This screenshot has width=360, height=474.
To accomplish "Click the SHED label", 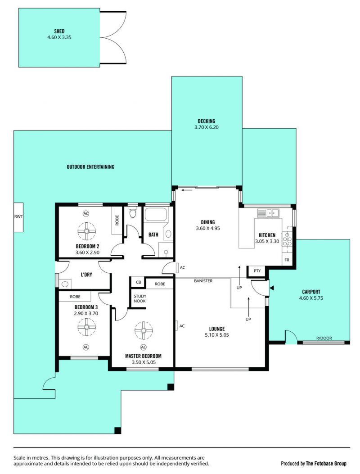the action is (x=59, y=31).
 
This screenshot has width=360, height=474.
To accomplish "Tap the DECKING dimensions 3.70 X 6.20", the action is (x=207, y=127).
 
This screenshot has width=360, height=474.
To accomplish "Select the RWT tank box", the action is (x=18, y=217).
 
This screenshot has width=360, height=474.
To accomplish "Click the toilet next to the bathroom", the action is (x=133, y=212).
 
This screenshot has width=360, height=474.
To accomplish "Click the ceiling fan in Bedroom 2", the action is (x=86, y=231).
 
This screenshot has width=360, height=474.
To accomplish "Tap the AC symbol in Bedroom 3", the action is (x=86, y=347).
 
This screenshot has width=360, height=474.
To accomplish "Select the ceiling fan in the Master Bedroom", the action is (x=143, y=331).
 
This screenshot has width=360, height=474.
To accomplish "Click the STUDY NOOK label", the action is (x=139, y=298).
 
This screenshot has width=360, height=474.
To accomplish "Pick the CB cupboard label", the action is (x=139, y=282).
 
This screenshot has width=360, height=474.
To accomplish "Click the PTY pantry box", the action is (x=257, y=271).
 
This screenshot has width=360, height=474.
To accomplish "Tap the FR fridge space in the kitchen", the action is (x=287, y=260).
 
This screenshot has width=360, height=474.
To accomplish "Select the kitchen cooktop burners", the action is (x=287, y=239).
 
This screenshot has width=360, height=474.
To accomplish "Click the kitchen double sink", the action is (x=268, y=213).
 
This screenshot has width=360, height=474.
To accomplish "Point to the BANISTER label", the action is (x=203, y=281).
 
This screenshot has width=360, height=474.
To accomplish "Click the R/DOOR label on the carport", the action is (x=324, y=338).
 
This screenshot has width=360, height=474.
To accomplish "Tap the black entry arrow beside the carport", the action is (x=272, y=288).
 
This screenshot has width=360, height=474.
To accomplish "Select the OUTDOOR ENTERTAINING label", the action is (x=91, y=167).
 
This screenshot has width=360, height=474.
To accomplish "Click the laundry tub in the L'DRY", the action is (x=65, y=284).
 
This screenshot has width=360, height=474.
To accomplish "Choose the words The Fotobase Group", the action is (x=326, y=463).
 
